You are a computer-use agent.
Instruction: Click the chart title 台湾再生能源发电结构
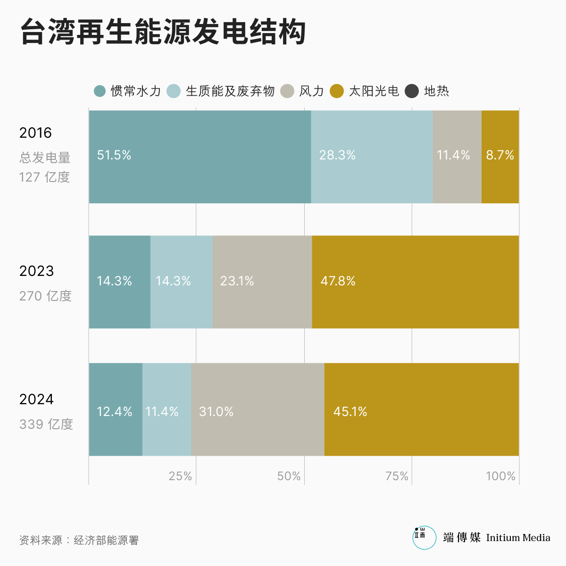tap(163, 32)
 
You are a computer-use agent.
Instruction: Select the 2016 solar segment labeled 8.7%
tap(500, 157)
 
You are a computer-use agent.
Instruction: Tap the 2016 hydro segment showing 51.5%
tap(200, 157)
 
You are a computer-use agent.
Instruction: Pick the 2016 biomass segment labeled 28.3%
tap(372, 157)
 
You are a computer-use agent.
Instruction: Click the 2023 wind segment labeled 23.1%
tap(262, 282)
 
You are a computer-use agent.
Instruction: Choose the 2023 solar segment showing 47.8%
tap(415, 282)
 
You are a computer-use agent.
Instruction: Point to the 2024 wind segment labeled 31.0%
tap(258, 409)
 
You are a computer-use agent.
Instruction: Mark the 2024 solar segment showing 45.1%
tap(421, 409)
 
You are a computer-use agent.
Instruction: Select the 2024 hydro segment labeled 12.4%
tap(115, 409)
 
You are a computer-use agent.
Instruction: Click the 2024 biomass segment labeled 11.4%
tap(166, 409)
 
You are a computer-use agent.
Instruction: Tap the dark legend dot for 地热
tap(412, 91)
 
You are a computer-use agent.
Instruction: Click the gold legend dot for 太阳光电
tap(337, 91)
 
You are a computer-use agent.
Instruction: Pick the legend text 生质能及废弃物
tap(230, 91)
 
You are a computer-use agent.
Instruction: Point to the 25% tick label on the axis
tap(181, 476)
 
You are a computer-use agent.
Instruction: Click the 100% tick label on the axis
tap(500, 476)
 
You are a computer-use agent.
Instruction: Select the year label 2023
tap(37, 271)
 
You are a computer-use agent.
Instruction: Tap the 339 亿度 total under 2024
tap(46, 424)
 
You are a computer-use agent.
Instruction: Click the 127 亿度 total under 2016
tap(44, 177)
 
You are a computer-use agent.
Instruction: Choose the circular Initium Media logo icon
tap(424, 538)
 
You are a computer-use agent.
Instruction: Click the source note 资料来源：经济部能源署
tap(79, 541)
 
